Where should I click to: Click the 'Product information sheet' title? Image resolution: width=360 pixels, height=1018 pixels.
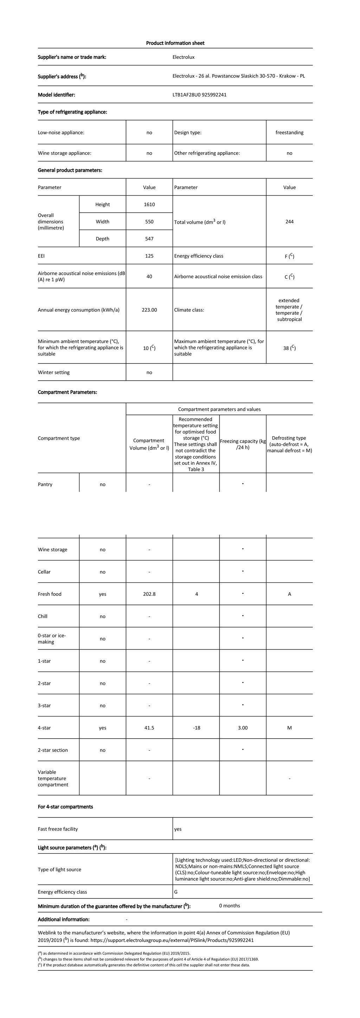(x=175, y=43)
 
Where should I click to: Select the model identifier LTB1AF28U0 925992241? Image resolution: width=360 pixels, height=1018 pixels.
(x=199, y=95)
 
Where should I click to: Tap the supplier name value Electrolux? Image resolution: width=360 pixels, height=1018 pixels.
(x=184, y=57)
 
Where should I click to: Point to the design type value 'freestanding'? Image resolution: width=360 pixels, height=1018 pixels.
(x=289, y=133)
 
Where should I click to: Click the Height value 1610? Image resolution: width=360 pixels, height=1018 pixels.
(x=149, y=204)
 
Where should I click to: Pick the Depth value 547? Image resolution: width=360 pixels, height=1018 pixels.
(x=149, y=239)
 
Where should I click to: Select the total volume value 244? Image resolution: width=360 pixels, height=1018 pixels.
(x=289, y=222)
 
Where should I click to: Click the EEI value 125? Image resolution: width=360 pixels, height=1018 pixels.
(x=149, y=256)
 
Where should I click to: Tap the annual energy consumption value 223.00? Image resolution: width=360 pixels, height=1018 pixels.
(x=149, y=310)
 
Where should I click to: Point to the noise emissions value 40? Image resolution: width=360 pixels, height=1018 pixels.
(x=149, y=277)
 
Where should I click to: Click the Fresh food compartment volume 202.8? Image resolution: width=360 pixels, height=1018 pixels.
(x=149, y=594)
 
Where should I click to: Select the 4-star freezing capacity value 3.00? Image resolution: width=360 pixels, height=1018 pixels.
(x=243, y=728)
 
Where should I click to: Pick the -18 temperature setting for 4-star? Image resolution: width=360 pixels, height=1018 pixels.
(x=197, y=728)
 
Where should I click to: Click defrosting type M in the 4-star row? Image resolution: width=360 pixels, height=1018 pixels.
(x=289, y=728)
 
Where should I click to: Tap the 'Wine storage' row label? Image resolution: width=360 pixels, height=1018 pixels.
(x=52, y=549)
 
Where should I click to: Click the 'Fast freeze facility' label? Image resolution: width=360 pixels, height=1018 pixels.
(x=58, y=829)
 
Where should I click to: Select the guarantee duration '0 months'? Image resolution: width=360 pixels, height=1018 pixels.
(x=229, y=906)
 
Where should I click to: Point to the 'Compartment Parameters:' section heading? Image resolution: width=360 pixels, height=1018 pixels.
(x=67, y=392)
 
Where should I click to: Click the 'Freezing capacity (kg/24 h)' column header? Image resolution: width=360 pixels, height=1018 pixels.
(x=243, y=444)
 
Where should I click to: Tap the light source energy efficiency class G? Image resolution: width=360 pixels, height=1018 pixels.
(x=176, y=891)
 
